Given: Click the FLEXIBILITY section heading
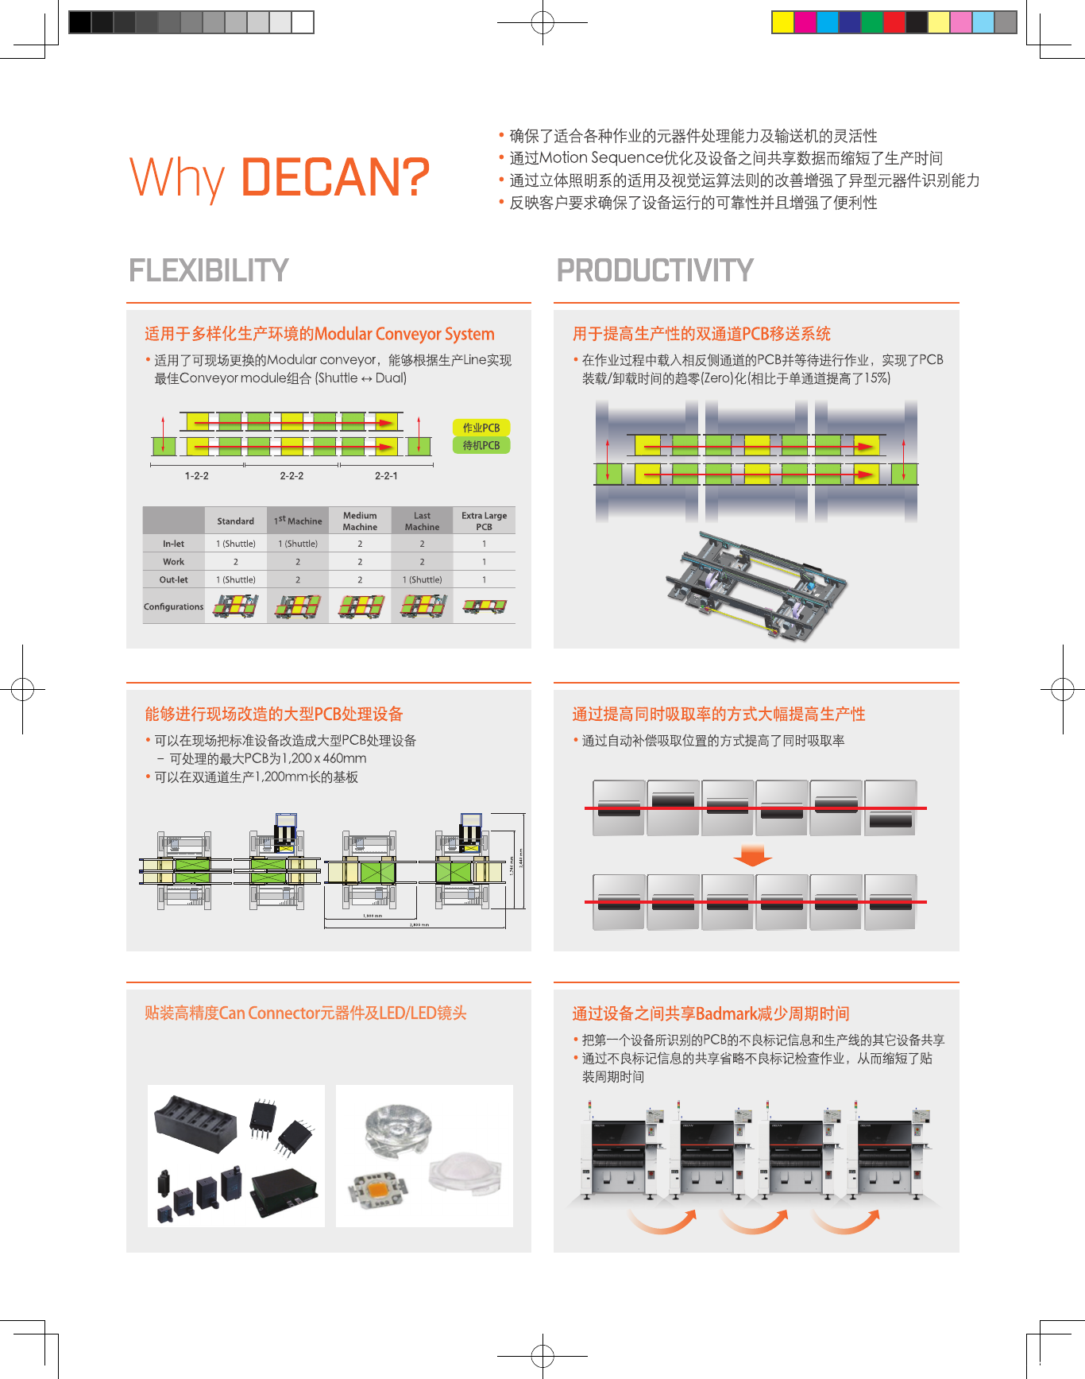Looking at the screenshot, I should point(208,270).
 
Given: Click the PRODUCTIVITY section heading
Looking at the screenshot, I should point(654,270).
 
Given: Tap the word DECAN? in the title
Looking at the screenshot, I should point(334,177).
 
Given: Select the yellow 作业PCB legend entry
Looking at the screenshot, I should point(481,428).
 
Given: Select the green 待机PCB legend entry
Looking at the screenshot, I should point(481,446).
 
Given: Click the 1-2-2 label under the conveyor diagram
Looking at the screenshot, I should point(197,476).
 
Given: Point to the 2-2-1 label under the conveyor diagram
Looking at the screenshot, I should point(386,476).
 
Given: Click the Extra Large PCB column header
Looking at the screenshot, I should point(484,521).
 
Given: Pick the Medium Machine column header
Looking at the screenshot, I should point(360,521).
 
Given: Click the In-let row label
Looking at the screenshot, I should point(173,544).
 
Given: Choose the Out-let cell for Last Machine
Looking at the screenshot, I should point(422,579).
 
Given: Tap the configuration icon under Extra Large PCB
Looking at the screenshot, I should point(485,606).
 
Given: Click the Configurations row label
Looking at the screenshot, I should point(173,606).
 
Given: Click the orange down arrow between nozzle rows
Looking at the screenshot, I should point(752,855).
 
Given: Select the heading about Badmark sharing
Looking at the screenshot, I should point(711,1013).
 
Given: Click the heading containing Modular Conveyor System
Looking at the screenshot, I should point(319,334).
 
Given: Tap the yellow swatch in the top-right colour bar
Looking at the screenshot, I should point(782,22).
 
